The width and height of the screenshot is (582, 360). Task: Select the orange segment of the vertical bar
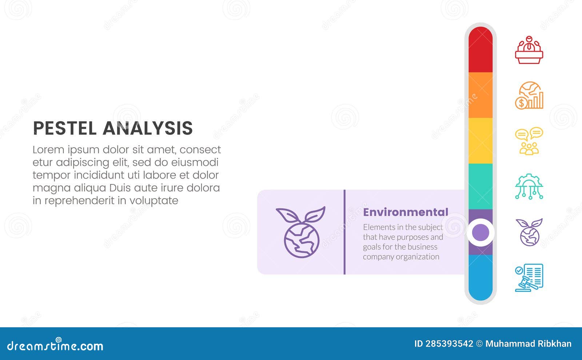480,95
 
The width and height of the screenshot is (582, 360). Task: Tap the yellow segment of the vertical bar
480,141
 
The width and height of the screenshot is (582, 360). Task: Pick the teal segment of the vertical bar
480,186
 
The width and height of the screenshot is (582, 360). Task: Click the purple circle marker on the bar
481,232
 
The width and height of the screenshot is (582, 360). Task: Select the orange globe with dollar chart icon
529,95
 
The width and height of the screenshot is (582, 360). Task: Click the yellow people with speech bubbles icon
529,141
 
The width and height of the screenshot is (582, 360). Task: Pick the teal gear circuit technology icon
529,186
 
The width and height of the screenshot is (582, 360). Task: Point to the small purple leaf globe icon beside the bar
529,232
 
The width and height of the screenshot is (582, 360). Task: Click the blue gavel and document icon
529,278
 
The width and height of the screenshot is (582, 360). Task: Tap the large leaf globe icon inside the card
301,232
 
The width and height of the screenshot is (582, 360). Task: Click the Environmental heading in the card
406,212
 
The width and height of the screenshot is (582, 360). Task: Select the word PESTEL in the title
65,128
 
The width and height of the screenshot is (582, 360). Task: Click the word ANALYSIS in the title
148,128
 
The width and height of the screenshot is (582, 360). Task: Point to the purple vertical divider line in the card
344,232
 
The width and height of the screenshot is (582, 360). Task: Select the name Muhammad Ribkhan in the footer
528,344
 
